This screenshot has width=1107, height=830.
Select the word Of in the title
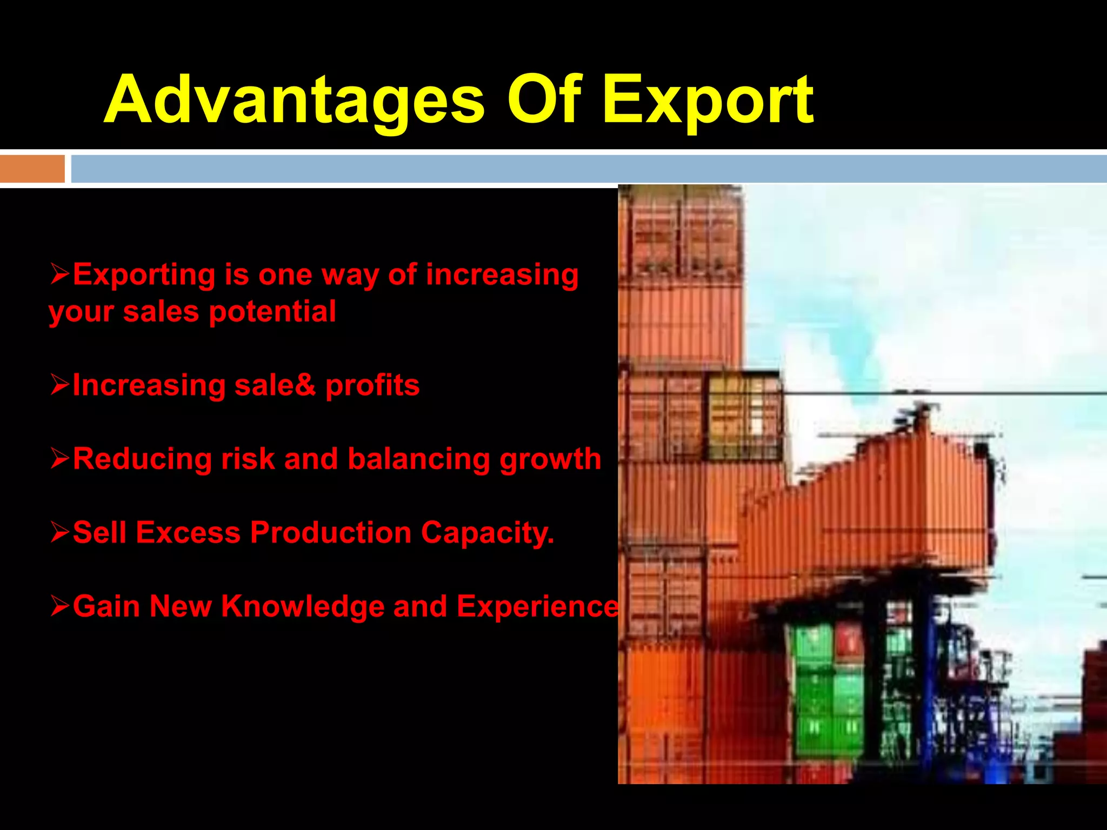coord(544,99)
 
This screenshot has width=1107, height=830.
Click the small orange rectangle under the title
coord(32,169)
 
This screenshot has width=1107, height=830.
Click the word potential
coord(272,312)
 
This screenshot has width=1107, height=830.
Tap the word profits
coord(372,385)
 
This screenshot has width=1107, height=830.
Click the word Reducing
coord(142,459)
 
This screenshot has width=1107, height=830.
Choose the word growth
coord(550,459)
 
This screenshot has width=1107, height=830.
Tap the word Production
coord(331,533)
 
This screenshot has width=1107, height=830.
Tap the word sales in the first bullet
coord(161,312)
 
